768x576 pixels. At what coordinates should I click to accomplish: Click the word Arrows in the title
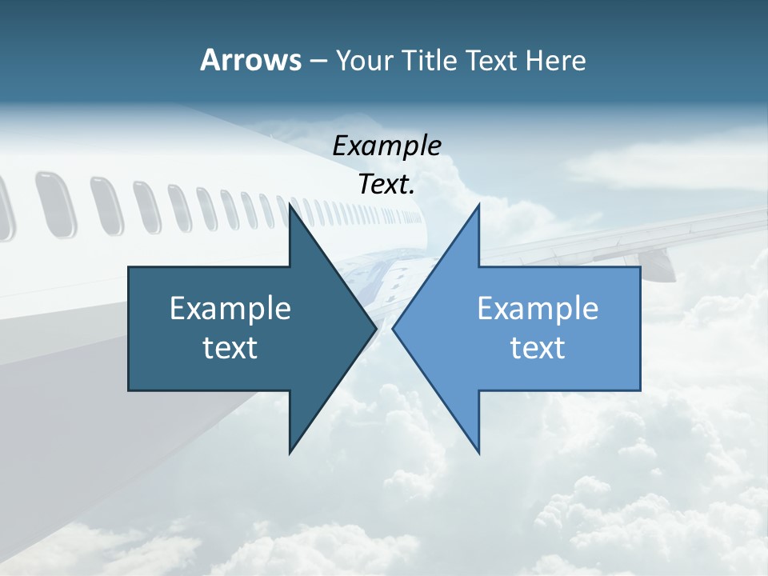pyautogui.click(x=250, y=60)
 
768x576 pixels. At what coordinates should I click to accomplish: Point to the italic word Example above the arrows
pyautogui.click(x=386, y=146)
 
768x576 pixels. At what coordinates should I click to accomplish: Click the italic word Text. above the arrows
pyautogui.click(x=386, y=185)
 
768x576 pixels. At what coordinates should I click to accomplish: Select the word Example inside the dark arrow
pyautogui.click(x=230, y=308)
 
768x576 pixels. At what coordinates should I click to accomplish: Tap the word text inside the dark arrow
pyautogui.click(x=230, y=348)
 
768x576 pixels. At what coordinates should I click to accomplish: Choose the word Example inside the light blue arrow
pyautogui.click(x=538, y=308)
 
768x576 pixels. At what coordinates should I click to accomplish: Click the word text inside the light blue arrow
pyautogui.click(x=538, y=348)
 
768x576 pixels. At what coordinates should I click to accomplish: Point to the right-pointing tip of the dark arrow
pyautogui.click(x=375, y=328)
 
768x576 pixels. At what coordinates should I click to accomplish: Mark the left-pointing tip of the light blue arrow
pyautogui.click(x=394, y=328)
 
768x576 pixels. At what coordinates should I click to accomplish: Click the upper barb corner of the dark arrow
pyautogui.click(x=290, y=205)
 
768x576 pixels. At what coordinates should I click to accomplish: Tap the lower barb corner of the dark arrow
pyautogui.click(x=290, y=452)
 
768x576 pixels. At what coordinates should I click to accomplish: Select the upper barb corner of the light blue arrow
pyautogui.click(x=478, y=205)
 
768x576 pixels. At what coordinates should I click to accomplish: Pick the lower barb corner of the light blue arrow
pyautogui.click(x=478, y=452)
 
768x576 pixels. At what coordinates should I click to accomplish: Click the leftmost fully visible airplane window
pyautogui.click(x=55, y=204)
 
